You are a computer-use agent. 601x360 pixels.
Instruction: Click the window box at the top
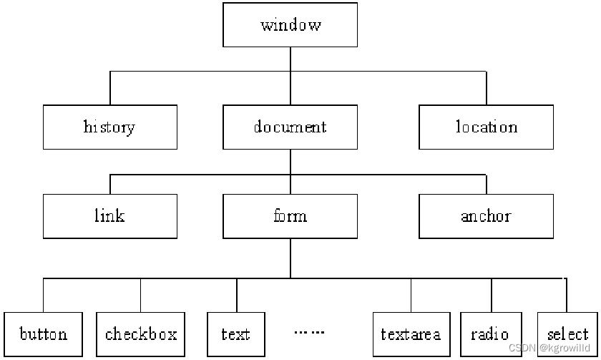(290, 25)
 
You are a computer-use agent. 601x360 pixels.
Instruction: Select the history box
(109, 127)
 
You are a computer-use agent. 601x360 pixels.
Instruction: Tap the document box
(290, 127)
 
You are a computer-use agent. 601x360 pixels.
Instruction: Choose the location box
(486, 127)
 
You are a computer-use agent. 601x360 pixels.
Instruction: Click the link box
(109, 216)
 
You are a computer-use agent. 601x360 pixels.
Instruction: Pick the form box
(290, 216)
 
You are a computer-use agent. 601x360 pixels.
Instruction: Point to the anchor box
(486, 216)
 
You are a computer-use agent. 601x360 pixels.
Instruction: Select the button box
(44, 334)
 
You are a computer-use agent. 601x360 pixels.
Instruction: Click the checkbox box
(140, 334)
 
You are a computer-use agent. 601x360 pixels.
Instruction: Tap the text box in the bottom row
(236, 334)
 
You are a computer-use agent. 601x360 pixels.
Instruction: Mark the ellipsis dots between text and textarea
(309, 332)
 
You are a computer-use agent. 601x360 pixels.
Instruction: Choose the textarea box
(411, 334)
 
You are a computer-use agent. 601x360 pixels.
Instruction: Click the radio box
(491, 334)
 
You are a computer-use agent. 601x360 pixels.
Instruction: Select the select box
(567, 334)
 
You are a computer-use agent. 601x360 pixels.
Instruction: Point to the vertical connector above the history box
(110, 88)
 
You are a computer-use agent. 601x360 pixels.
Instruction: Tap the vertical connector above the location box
(487, 88)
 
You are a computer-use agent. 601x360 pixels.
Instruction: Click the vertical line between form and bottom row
(290, 258)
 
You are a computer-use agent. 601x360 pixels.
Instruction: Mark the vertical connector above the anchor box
(487, 184)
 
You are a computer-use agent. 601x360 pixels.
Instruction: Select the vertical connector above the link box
(110, 184)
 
